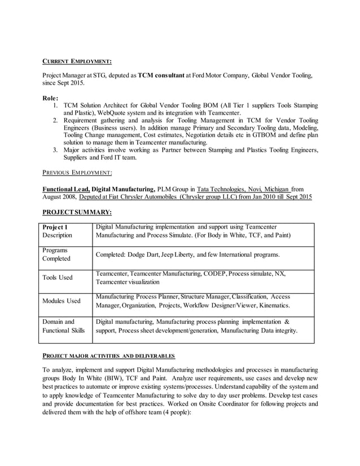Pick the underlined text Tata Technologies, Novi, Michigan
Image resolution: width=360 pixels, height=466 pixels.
click(x=236, y=188)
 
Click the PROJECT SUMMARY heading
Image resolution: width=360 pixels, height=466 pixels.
click(x=77, y=212)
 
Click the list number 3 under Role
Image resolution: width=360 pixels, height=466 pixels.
click(x=55, y=150)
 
